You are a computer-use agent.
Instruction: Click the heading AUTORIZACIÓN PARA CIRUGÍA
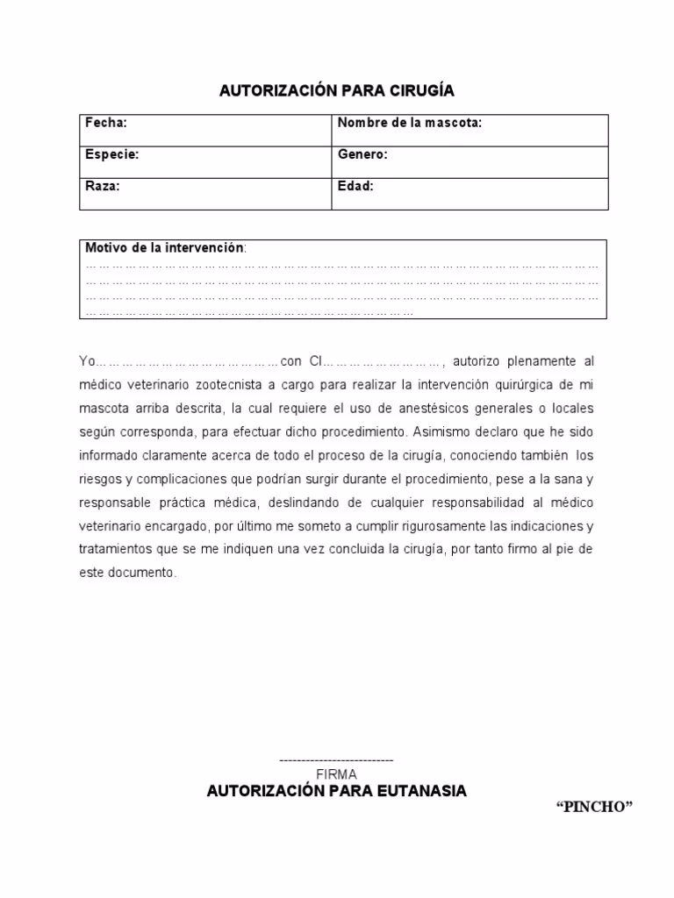point(336,91)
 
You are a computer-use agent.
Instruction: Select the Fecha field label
point(105,123)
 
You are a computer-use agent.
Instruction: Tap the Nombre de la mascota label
point(410,123)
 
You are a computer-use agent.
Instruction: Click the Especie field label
point(111,154)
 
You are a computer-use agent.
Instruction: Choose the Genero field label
point(362,154)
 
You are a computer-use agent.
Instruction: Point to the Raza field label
point(102,186)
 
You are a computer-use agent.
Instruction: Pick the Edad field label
point(355,186)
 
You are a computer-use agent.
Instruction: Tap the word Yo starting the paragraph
point(86,361)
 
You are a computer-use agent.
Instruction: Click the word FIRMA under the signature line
point(336,774)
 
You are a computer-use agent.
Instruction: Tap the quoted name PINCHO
point(594,808)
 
